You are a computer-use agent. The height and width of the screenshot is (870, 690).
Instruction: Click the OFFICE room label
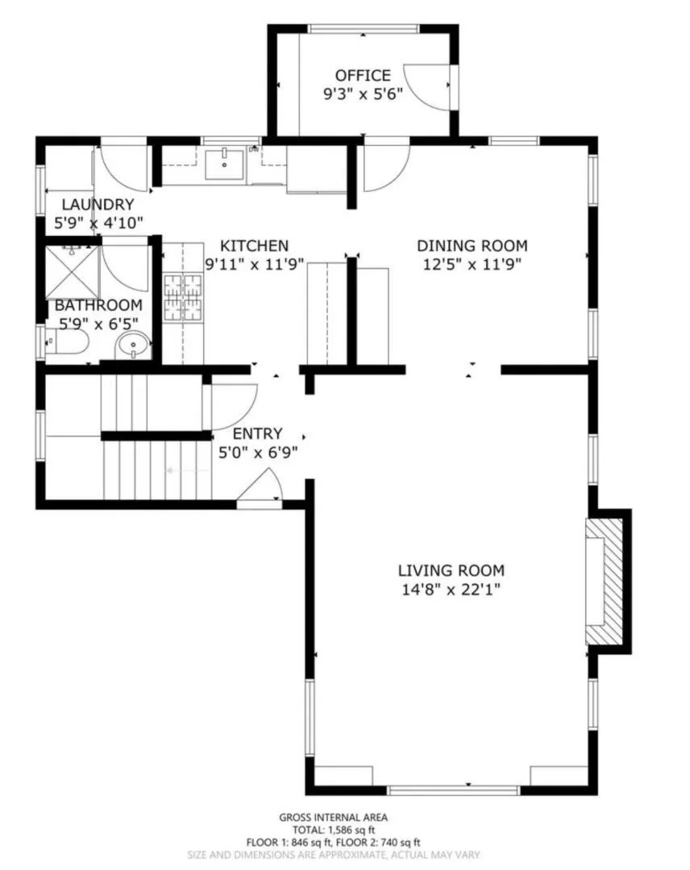point(363,76)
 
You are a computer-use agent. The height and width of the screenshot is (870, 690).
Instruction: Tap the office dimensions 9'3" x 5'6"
point(363,93)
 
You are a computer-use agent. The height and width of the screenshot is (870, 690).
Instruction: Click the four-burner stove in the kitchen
point(183,297)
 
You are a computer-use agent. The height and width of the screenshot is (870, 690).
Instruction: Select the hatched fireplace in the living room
point(605,581)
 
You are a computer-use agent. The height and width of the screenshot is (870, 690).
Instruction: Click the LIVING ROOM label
point(451,571)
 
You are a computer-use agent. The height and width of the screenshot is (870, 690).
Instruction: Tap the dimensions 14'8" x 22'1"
point(451,590)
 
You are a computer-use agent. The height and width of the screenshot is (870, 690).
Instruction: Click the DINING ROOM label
point(472,246)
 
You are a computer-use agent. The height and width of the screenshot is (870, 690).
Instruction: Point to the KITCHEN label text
point(255,246)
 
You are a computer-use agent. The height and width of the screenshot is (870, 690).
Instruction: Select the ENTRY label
point(257,435)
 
